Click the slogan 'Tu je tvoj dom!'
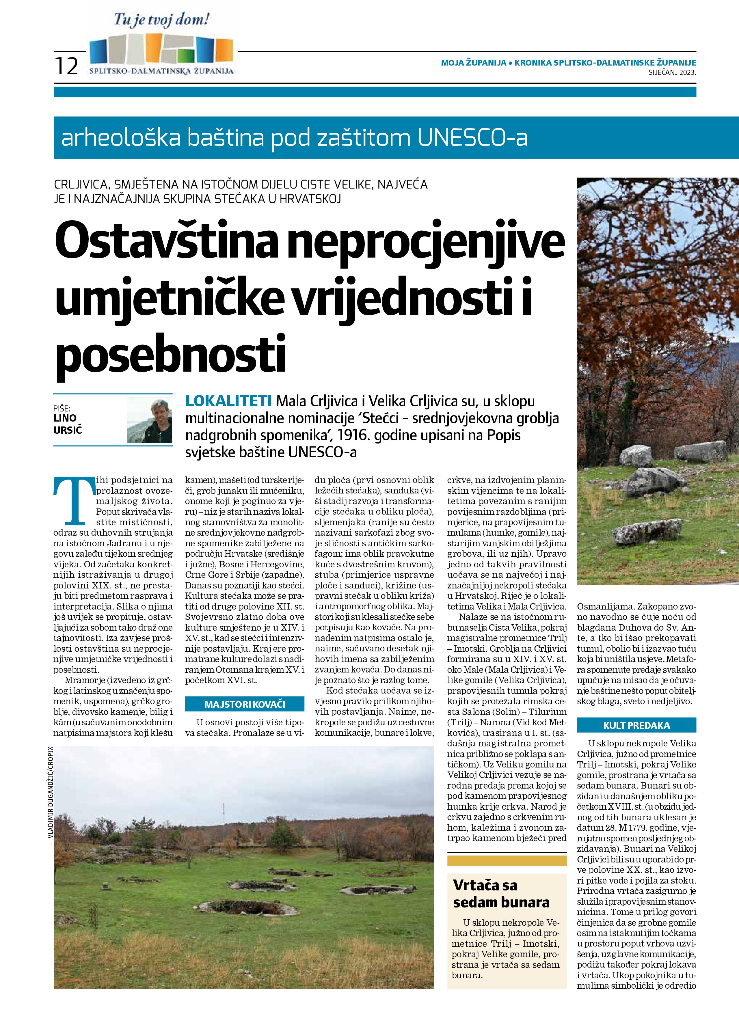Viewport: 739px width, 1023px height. pyautogui.click(x=161, y=20)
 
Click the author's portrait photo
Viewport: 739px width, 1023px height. pyautogui.click(x=149, y=420)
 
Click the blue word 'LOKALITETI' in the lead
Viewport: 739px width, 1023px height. pyautogui.click(x=229, y=400)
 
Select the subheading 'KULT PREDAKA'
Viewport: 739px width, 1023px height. pyautogui.click(x=636, y=725)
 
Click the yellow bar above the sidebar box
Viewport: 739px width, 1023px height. pyautogui.click(x=507, y=861)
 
